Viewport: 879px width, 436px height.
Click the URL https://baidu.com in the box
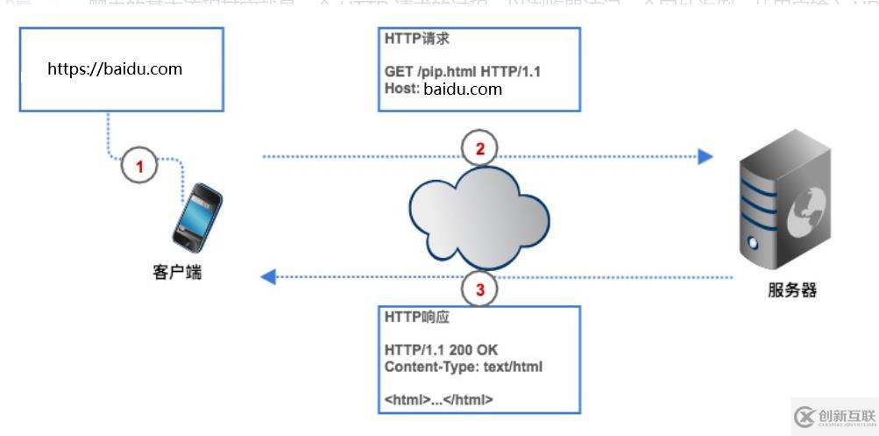(x=115, y=68)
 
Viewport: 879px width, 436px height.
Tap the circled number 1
(x=139, y=163)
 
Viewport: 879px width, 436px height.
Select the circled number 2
(x=479, y=148)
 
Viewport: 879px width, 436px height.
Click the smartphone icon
(x=195, y=217)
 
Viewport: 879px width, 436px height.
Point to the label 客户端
(x=176, y=272)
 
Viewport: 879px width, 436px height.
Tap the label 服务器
(x=791, y=290)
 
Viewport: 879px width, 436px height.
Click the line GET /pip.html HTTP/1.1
(x=463, y=72)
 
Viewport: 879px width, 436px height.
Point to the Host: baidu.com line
(x=443, y=89)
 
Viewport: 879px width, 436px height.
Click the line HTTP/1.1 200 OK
(x=441, y=350)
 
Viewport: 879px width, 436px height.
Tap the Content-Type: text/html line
(x=464, y=367)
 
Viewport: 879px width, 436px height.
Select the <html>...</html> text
(x=439, y=399)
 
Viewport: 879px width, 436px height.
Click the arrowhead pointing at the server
(x=705, y=157)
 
